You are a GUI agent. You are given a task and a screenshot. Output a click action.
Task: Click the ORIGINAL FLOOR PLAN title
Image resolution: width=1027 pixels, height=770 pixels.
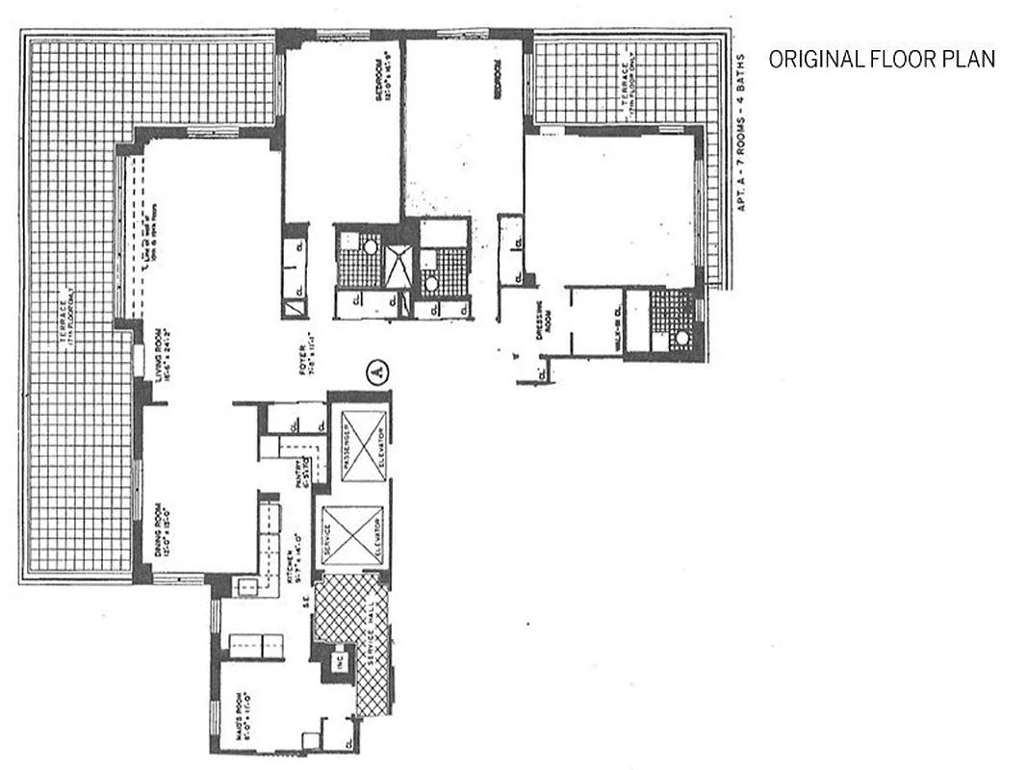tap(881, 60)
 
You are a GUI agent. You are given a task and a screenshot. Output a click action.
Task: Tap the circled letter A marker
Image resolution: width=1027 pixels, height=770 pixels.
tap(376, 372)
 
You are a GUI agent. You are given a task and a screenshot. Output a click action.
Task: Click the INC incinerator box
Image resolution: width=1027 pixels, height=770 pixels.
tap(339, 663)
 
